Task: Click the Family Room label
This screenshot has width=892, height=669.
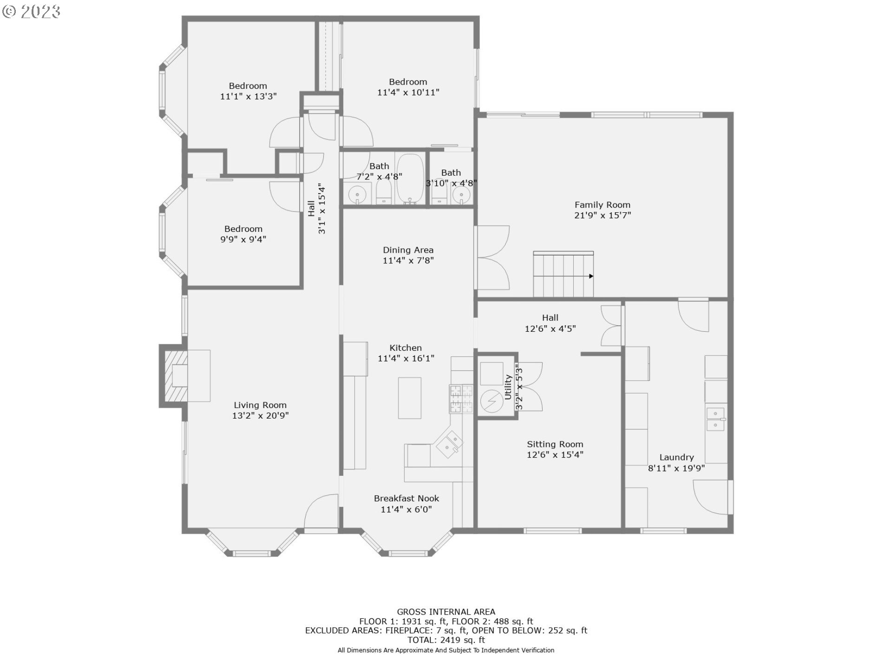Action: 602,205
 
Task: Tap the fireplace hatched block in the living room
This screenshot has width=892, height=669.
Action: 173,376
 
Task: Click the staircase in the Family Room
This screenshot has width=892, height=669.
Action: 563,274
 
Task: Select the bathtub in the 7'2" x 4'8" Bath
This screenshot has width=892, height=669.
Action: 410,178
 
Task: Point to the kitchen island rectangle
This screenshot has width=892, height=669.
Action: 409,398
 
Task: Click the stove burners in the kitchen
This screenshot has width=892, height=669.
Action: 460,399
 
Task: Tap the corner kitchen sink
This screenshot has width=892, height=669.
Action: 449,444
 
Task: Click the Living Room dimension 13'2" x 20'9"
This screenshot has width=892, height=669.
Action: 260,416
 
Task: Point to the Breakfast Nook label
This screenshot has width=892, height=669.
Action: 406,498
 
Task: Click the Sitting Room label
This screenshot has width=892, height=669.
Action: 555,444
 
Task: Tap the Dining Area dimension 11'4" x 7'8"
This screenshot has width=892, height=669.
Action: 408,261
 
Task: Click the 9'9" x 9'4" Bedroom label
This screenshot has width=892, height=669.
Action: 243,229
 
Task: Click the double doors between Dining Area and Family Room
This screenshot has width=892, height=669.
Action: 492,258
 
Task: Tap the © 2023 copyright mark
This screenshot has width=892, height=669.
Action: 31,11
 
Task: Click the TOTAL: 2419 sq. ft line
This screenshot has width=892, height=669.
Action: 446,640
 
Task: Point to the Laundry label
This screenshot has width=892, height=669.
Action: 676,457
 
